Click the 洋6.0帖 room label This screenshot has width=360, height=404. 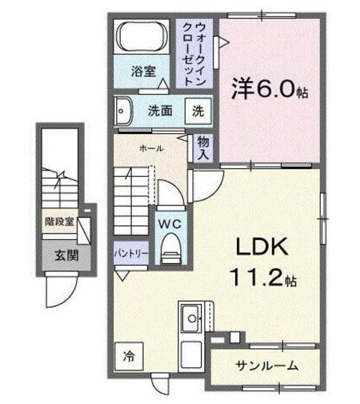(x=268, y=90)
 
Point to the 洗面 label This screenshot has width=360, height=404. (x=160, y=111)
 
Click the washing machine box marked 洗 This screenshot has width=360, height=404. (x=198, y=112)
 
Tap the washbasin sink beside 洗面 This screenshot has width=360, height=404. (x=123, y=112)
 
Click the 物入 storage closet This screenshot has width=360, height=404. (x=203, y=148)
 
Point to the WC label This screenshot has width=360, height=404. (x=169, y=223)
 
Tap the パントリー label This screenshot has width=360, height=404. (x=131, y=253)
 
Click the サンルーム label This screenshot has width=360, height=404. (x=267, y=366)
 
